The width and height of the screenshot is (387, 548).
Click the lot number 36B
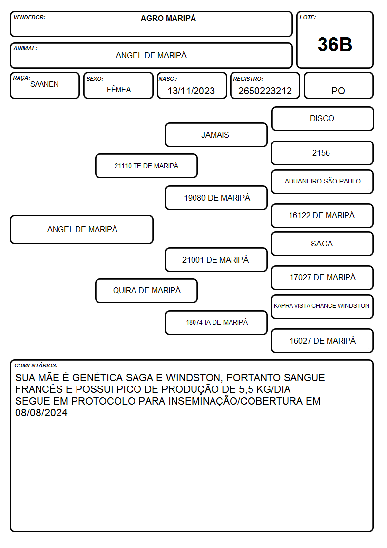[x=335, y=44]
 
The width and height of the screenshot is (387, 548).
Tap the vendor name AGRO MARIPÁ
[x=168, y=18]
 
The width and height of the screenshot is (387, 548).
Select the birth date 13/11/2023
[x=191, y=91]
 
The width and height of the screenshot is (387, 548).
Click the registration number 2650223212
[x=265, y=91]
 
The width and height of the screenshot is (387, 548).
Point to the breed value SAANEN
[x=44, y=84]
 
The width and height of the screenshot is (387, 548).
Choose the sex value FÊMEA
[x=118, y=89]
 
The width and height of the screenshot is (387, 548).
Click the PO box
[x=338, y=85]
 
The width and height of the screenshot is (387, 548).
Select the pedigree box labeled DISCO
[x=323, y=119]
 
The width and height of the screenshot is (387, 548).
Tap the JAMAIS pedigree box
[x=216, y=135]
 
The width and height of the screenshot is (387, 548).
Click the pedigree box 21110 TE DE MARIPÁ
[x=147, y=165]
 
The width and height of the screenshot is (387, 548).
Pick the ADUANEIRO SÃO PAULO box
[x=323, y=182]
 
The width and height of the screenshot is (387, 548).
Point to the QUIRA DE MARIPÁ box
[x=147, y=290]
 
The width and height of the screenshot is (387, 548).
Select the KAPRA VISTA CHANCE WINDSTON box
[x=323, y=306]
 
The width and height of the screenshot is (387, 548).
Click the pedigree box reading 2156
[x=323, y=153]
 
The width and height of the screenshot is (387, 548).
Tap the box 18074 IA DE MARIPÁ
[x=216, y=323]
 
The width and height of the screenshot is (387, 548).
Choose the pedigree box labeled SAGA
[x=323, y=244]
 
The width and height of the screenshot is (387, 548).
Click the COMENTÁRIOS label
[x=36, y=365]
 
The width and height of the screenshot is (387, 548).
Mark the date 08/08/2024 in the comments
[x=41, y=413]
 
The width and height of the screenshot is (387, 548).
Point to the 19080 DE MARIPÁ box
[x=216, y=198]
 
